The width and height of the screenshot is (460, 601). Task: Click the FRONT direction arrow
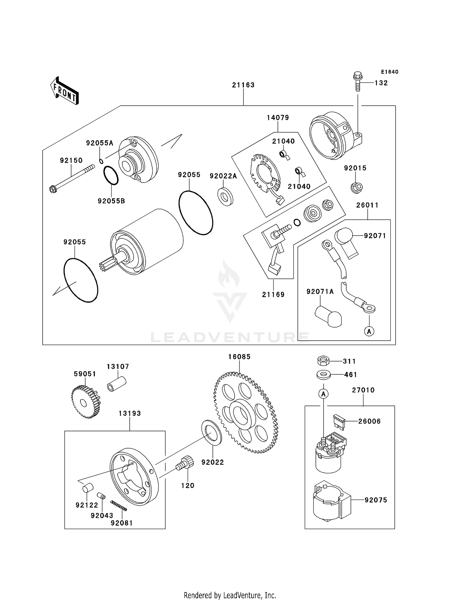64,91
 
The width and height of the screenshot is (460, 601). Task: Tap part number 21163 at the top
243,85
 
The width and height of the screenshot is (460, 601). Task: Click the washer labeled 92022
211,433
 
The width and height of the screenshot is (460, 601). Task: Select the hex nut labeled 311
323,361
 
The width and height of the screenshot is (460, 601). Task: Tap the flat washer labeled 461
323,375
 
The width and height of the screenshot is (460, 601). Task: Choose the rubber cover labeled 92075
331,501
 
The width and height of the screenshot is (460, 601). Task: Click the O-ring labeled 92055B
111,176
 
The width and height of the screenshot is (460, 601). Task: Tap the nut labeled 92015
357,187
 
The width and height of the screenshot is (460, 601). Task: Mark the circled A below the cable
369,331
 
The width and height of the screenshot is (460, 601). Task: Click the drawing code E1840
389,72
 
